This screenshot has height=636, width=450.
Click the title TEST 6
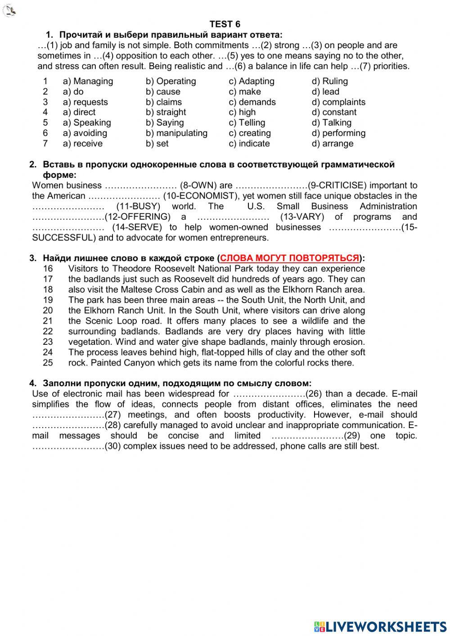pyautogui.click(x=225, y=24)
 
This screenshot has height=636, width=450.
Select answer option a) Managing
pyautogui.click(x=88, y=81)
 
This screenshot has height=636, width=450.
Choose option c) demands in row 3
pyautogui.click(x=252, y=102)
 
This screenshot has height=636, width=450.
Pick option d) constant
pyautogui.click(x=333, y=112)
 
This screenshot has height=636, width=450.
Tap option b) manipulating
pyautogui.click(x=176, y=133)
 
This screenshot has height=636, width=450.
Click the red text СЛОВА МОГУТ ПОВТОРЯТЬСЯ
pyautogui.click(x=290, y=258)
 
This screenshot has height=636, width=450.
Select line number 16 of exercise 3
pyautogui.click(x=48, y=269)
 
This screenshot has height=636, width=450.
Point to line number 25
pyautogui.click(x=48, y=363)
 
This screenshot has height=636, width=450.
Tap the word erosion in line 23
pyautogui.click(x=348, y=342)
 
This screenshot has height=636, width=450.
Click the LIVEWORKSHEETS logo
pyautogui.click(x=380, y=626)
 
